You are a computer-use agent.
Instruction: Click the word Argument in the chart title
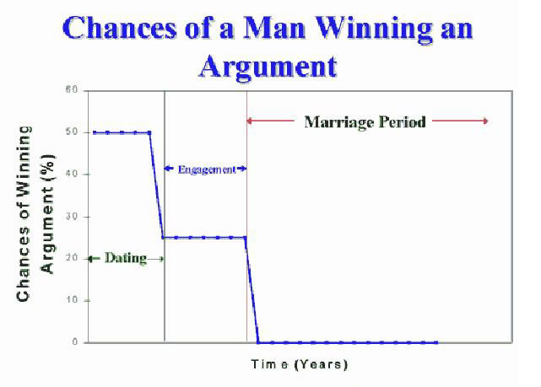pyautogui.click(x=268, y=67)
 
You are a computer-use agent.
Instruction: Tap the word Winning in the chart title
pyautogui.click(x=374, y=29)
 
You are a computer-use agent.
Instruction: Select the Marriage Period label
pyautogui.click(x=365, y=122)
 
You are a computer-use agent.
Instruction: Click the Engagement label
pyautogui.click(x=207, y=169)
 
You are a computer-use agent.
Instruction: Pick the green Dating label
pyautogui.click(x=126, y=258)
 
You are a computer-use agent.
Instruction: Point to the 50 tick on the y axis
pyautogui.click(x=72, y=132)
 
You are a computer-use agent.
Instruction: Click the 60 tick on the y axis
pyautogui.click(x=72, y=90)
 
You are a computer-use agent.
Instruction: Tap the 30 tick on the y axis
pyautogui.click(x=72, y=217)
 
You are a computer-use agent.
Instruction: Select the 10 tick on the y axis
pyautogui.click(x=72, y=300)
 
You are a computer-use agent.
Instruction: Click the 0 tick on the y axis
pyautogui.click(x=75, y=342)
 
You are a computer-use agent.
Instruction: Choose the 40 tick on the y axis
pyautogui.click(x=72, y=175)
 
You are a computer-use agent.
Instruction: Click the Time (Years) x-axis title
pyautogui.click(x=300, y=364)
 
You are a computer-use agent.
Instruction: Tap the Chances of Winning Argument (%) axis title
pyautogui.click(x=35, y=213)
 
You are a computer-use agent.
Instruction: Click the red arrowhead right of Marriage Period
pyautogui.click(x=485, y=121)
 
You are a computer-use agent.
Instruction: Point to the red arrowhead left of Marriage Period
pyautogui.click(x=250, y=121)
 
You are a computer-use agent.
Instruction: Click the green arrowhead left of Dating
pyautogui.click(x=91, y=259)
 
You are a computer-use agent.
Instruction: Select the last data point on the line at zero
pyautogui.click(x=436, y=342)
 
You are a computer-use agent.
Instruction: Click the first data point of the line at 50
pyautogui.click(x=94, y=132)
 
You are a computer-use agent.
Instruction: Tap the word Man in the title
pyautogui.click(x=274, y=29)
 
